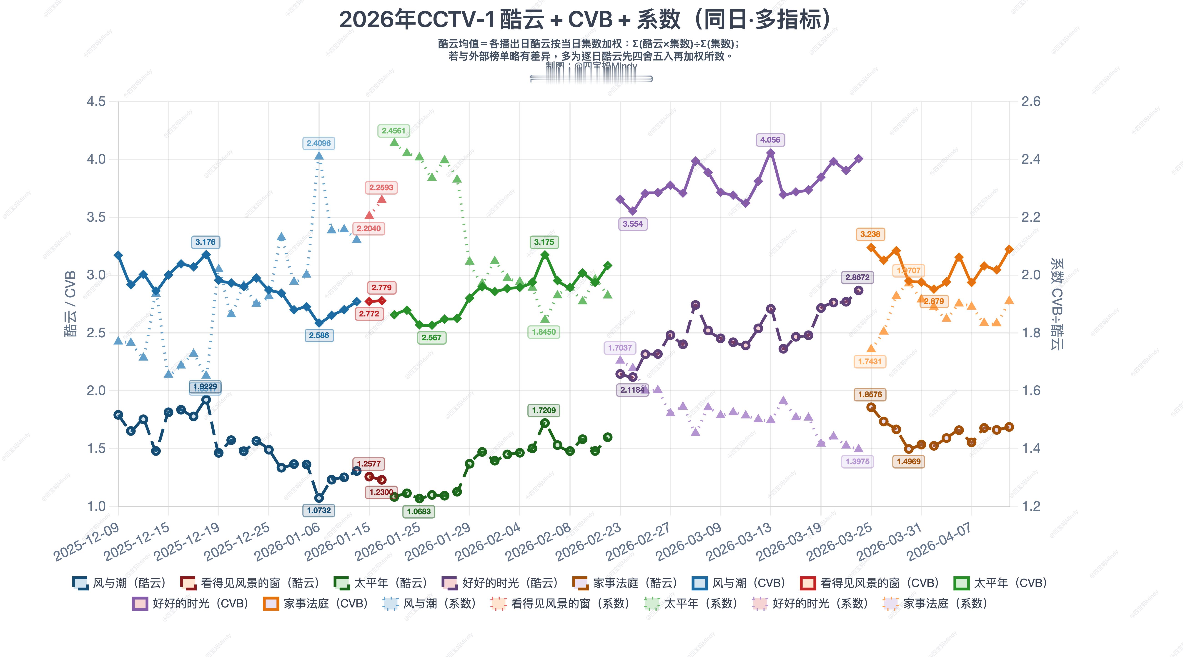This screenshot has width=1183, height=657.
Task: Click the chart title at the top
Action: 586,20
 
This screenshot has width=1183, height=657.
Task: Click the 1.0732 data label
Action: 319,510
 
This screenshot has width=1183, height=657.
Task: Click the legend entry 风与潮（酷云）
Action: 119,583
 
